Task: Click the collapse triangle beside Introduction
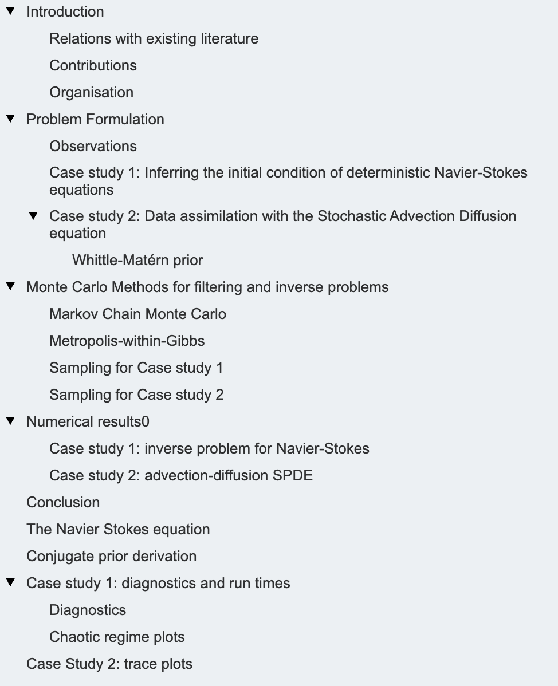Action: [x=10, y=11]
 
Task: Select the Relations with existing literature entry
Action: [x=154, y=38]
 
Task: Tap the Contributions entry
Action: [x=93, y=65]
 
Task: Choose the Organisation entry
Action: [x=91, y=92]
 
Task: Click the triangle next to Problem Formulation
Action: [x=10, y=119]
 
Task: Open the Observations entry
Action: [x=93, y=146]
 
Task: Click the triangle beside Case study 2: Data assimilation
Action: [x=33, y=216]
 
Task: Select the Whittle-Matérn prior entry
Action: [x=137, y=260]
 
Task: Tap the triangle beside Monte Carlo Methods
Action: [x=10, y=287]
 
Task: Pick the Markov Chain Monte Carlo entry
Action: [x=137, y=314]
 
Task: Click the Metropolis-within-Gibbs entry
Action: [x=127, y=341]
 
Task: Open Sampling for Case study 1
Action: [x=136, y=368]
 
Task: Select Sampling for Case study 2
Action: [x=136, y=395]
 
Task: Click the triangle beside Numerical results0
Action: [x=10, y=421]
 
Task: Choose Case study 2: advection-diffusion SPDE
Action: [x=181, y=475]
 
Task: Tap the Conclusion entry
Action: [x=63, y=502]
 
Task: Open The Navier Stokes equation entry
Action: [x=118, y=529]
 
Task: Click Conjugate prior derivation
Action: [x=111, y=556]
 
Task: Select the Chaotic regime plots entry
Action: [x=117, y=637]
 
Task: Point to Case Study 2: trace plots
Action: [x=109, y=664]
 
